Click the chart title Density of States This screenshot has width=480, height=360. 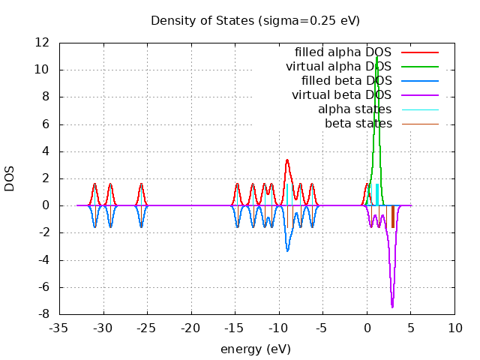pyautogui.click(x=255, y=20)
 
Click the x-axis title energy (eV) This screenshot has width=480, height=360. pyautogui.click(x=255, y=349)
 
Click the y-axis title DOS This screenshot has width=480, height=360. pyautogui.click(x=10, y=178)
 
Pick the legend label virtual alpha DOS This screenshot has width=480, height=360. pyautogui.click(x=338, y=67)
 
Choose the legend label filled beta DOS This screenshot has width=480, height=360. pyautogui.click(x=346, y=81)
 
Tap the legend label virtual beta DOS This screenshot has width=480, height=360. pyautogui.click(x=341, y=95)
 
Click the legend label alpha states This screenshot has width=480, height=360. pyautogui.click(x=355, y=109)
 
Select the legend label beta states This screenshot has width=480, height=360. pyautogui.click(x=358, y=123)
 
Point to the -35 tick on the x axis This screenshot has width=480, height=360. pyautogui.click(x=59, y=328)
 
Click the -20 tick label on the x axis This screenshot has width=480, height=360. pyautogui.click(x=191, y=328)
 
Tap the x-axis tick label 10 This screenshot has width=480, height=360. pyautogui.click(x=454, y=328)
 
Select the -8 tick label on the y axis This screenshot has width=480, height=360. pyautogui.click(x=46, y=314)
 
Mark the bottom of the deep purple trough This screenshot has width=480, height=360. pyautogui.click(x=392, y=307)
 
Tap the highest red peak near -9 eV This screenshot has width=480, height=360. pyautogui.click(x=287, y=160)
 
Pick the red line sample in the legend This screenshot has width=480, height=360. pyautogui.click(x=419, y=52)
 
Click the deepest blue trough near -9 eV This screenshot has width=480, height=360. pyautogui.click(x=287, y=250)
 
